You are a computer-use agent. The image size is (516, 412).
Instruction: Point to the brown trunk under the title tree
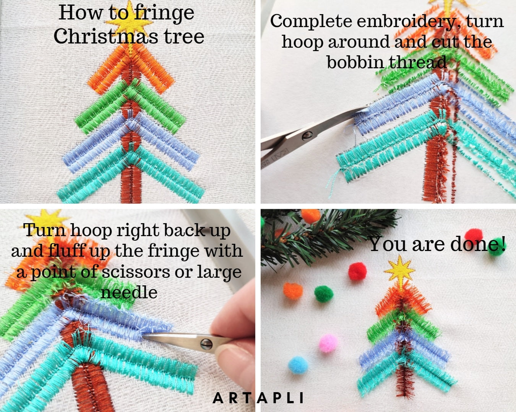click(x=130, y=187)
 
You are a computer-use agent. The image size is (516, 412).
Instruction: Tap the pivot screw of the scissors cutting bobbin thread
click(x=307, y=135)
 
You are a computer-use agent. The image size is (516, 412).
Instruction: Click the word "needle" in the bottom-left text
click(x=129, y=292)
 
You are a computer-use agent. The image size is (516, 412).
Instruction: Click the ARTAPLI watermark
click(x=258, y=398)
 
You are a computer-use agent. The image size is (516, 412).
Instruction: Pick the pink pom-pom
click(x=328, y=343)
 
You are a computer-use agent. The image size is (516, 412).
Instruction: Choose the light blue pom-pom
click(x=298, y=365)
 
